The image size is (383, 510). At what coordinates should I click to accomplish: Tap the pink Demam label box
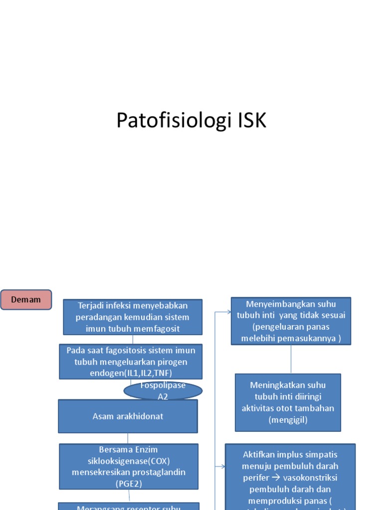pos(26,300)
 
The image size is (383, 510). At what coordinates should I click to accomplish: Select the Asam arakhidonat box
pos(128,416)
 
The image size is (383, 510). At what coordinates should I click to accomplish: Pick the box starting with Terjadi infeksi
pos(133,317)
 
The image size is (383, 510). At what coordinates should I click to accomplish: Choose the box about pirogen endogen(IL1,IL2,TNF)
pos(131,361)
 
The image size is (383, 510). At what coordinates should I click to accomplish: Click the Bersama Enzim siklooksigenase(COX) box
pos(129,466)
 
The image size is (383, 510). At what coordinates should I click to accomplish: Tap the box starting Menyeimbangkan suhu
pos(291,321)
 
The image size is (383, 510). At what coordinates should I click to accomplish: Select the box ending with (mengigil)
pos(288,402)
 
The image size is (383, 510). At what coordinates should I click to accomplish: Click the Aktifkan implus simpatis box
pos(290,476)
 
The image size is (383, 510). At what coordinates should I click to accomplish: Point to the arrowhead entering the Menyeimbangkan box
pos(228,312)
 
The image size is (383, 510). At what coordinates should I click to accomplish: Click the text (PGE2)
pos(129,483)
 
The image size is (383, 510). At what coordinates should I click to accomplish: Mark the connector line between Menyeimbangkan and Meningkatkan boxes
pos(291,359)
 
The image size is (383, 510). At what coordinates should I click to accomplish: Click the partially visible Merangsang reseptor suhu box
pos(129,506)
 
